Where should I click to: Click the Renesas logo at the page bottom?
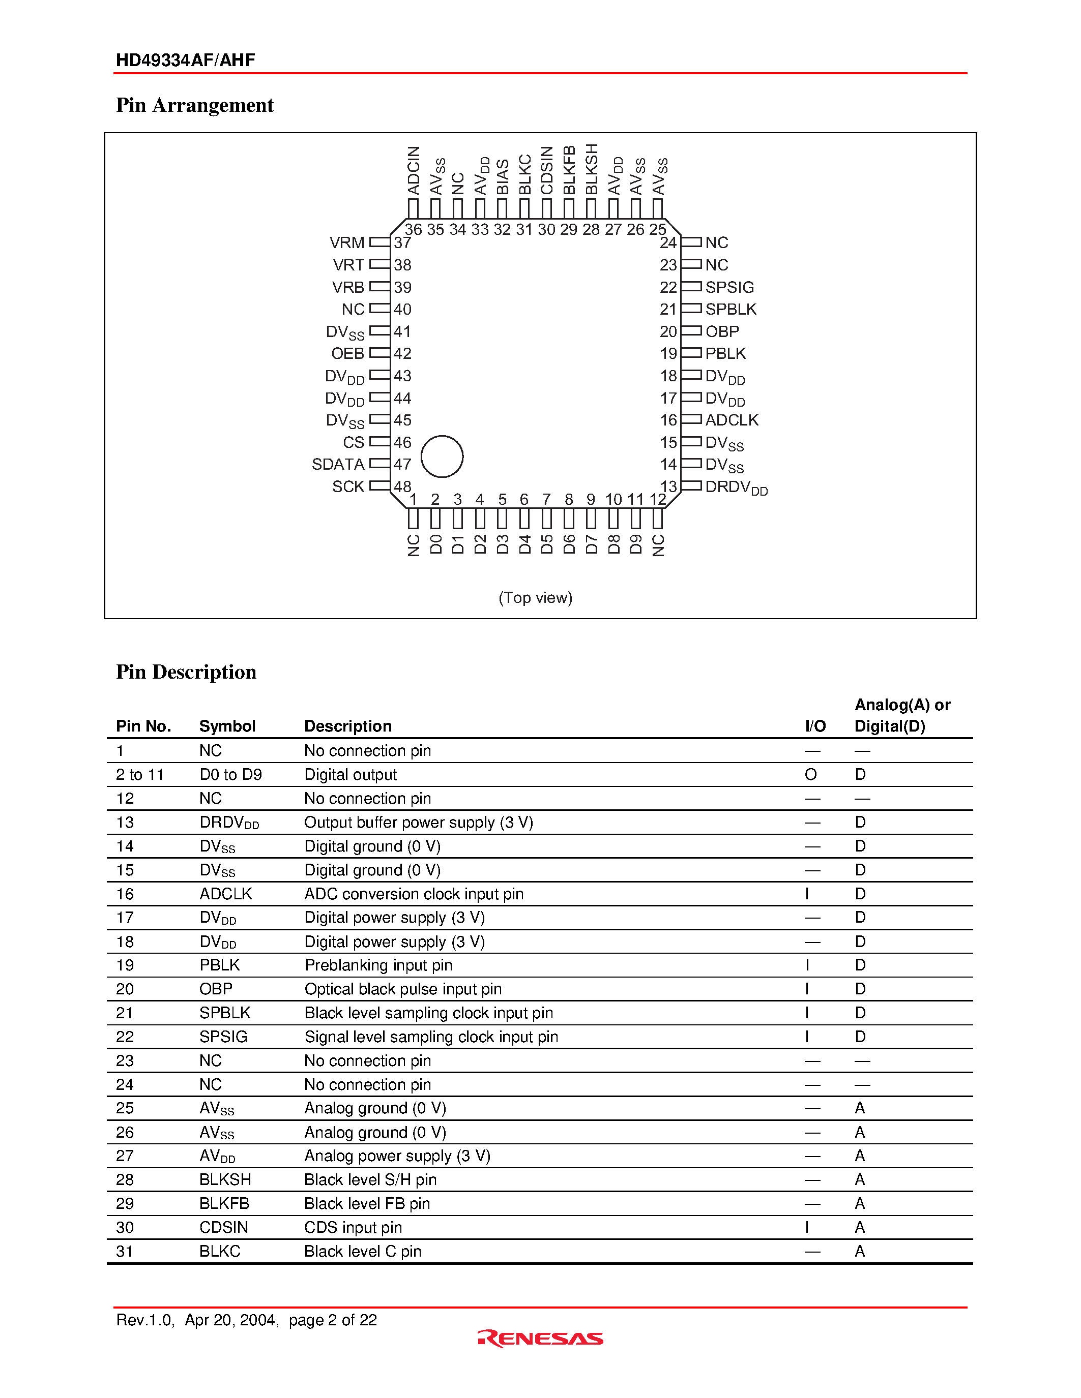click(540, 1338)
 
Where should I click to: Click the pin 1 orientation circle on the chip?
click(442, 457)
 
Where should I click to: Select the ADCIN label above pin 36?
click(414, 170)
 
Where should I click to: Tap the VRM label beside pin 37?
click(346, 242)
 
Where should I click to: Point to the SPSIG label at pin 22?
click(729, 287)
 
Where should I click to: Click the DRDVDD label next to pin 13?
click(736, 488)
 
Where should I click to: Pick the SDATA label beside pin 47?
click(337, 464)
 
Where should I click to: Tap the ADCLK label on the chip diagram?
click(732, 420)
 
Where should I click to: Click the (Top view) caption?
click(535, 597)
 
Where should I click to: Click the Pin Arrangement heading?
click(195, 105)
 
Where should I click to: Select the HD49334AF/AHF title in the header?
click(185, 60)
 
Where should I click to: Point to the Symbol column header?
click(227, 726)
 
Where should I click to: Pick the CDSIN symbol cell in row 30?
click(223, 1227)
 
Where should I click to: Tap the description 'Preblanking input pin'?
click(378, 965)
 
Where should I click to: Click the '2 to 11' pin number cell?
click(139, 775)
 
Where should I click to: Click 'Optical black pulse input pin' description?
click(403, 989)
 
